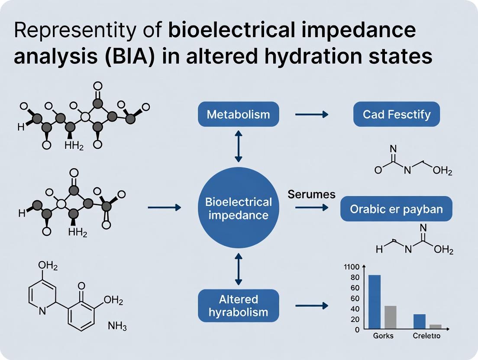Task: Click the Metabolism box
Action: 238,114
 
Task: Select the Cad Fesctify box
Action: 397,114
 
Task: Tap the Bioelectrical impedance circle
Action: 238,208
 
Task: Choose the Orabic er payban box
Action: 396,209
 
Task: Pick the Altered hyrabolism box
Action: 238,305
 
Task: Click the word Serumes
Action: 311,194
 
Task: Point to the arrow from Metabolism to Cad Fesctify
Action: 311,115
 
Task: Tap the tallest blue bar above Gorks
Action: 375,302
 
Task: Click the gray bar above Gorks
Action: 391,318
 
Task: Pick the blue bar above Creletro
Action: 420,321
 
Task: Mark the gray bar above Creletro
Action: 435,327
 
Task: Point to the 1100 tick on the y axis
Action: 352,267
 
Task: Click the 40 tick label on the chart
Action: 355,309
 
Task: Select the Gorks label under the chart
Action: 383,336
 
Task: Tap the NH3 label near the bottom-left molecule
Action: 117,327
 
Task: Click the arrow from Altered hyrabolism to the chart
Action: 311,306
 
